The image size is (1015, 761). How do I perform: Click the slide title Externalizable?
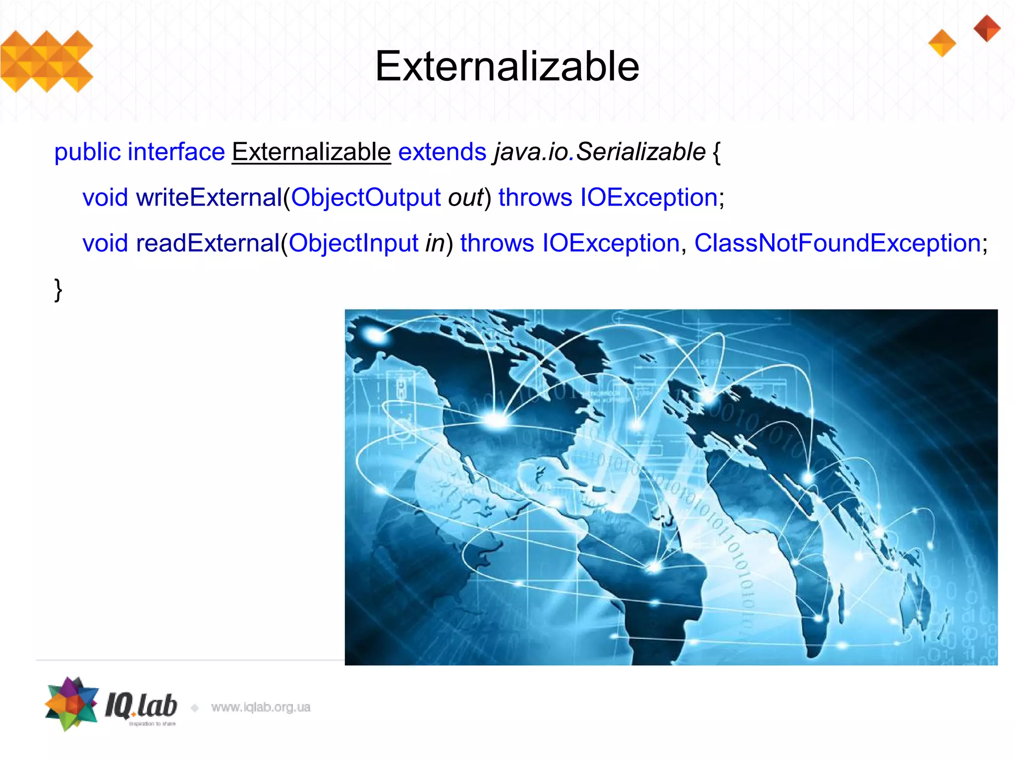(x=507, y=66)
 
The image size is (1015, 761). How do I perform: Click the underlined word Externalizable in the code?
(x=311, y=152)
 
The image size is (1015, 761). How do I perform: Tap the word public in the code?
(x=87, y=152)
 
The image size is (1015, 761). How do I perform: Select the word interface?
(x=176, y=152)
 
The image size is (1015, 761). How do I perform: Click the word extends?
(x=442, y=152)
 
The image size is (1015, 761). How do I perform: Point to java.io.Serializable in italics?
(x=599, y=152)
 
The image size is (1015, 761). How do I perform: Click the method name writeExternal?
(x=209, y=197)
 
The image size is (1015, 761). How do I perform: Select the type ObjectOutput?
(x=365, y=197)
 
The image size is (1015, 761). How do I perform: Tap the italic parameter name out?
(x=465, y=197)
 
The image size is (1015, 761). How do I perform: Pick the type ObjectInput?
(x=353, y=243)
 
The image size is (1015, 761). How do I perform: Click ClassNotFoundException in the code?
(x=838, y=243)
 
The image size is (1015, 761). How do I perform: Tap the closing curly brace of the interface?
(x=58, y=289)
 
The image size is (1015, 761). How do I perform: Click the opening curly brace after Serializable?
(x=717, y=152)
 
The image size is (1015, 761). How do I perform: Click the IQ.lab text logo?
(x=141, y=706)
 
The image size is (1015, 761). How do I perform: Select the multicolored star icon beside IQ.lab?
(x=71, y=704)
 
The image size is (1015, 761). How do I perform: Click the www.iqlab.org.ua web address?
(x=261, y=707)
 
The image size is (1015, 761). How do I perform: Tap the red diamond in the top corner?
(x=987, y=28)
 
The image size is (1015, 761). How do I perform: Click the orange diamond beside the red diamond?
(x=942, y=43)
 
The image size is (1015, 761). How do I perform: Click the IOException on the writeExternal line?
(x=649, y=197)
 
